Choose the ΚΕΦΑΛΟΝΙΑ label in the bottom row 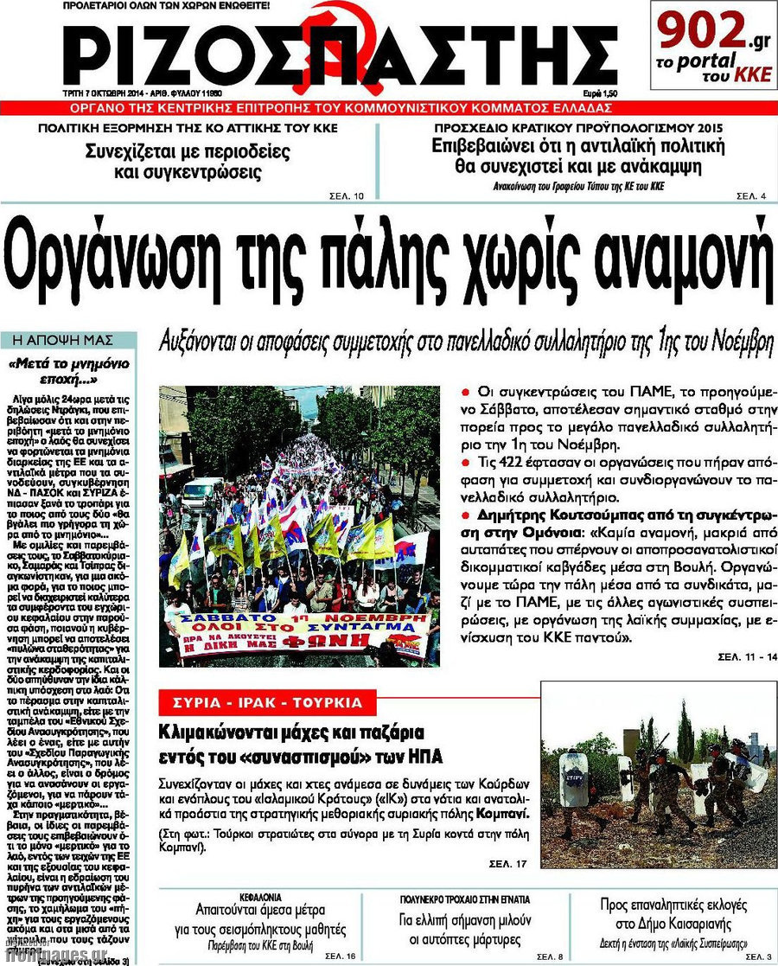(260, 899)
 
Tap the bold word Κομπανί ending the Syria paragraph (502, 815)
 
